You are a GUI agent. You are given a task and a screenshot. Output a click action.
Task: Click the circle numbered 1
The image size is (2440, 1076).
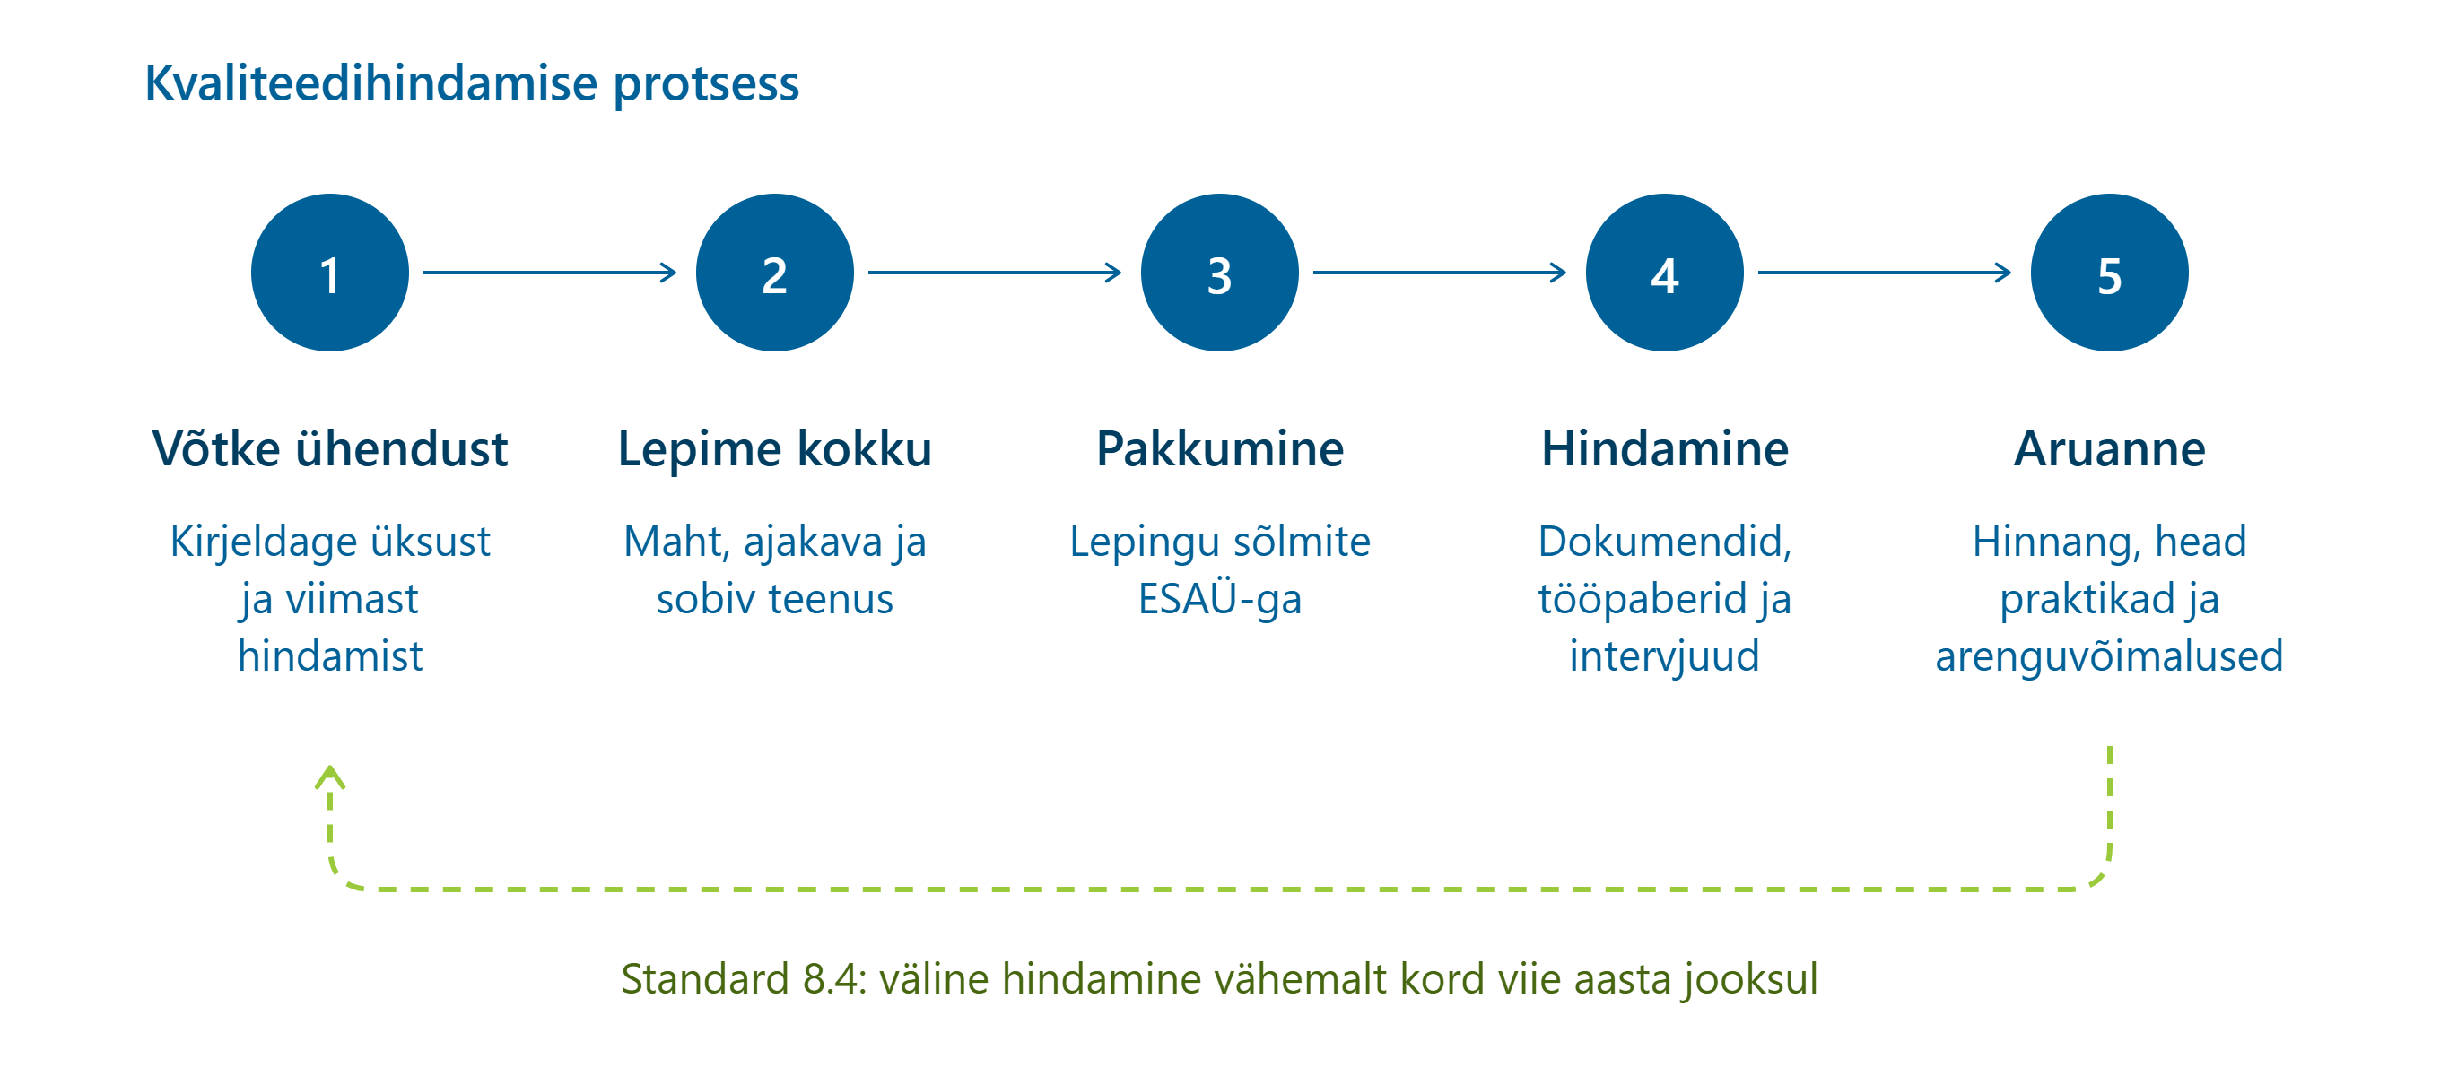pos(329,273)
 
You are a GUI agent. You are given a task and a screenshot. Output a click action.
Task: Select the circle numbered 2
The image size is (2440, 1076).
pos(775,273)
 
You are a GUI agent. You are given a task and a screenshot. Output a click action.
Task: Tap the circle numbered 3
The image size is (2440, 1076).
pos(1220,273)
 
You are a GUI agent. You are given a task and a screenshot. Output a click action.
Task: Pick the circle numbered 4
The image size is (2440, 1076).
pos(1665,273)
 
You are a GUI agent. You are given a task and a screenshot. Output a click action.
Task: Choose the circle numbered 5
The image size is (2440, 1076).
pos(2109,273)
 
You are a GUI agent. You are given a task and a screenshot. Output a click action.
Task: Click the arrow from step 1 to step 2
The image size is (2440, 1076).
pos(550,273)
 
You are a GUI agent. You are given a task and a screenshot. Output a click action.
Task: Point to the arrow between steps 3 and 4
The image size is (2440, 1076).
pos(1440,273)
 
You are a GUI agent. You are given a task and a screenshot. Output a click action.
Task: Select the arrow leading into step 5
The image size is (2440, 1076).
pos(1885,273)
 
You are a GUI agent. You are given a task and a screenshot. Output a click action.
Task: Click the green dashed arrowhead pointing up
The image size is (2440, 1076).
pos(329,777)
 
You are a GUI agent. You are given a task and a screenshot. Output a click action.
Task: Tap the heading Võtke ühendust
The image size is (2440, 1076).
pos(329,449)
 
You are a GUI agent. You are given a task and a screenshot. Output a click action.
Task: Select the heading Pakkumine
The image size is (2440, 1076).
pos(1220,449)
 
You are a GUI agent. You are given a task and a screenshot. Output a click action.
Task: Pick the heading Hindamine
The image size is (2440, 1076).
pos(1665,449)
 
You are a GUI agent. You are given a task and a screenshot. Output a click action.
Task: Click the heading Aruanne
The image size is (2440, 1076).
pos(2109,449)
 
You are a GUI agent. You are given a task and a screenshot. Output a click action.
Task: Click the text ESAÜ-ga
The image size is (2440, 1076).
pos(1220,599)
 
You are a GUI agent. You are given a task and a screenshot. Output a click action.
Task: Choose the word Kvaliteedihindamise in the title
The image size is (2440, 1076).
pos(371,83)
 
